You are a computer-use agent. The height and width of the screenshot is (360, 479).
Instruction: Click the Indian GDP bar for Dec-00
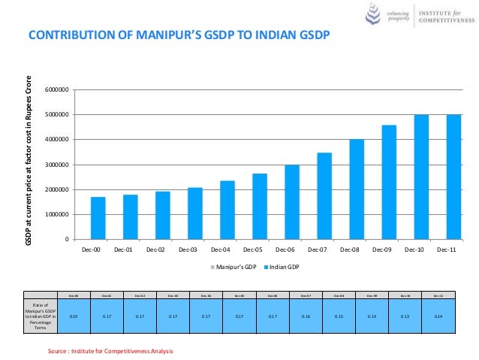[x=98, y=218]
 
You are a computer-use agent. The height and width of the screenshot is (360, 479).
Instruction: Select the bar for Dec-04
[x=227, y=210]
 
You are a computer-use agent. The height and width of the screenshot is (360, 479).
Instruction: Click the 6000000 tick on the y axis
[x=57, y=90]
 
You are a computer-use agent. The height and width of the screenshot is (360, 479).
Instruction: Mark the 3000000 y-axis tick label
[x=57, y=165]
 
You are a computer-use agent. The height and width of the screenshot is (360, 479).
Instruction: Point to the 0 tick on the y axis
[x=67, y=239]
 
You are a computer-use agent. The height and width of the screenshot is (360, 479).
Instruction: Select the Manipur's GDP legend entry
[x=234, y=267]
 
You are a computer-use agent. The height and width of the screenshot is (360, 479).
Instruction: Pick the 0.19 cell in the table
[x=73, y=316]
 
